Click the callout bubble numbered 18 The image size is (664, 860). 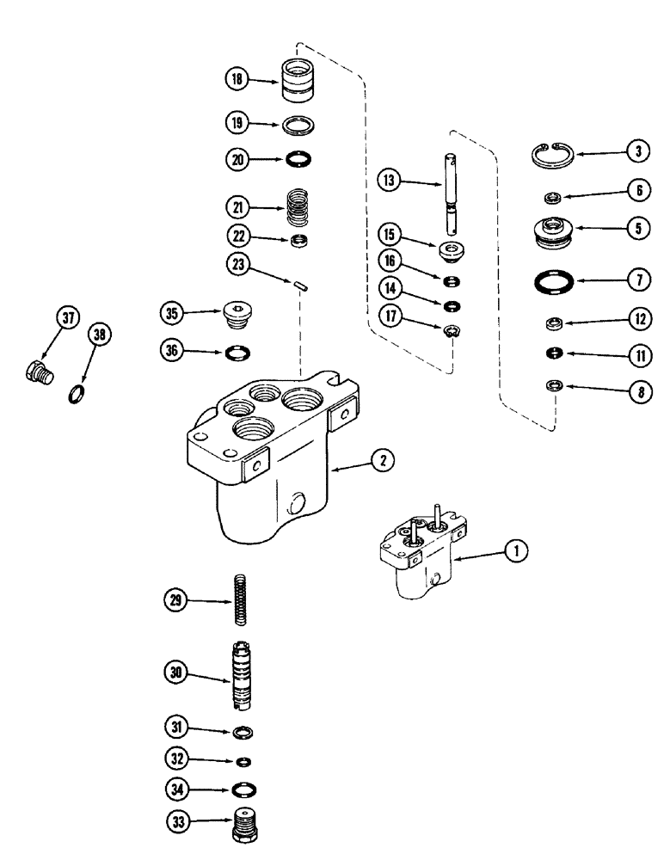tap(237, 80)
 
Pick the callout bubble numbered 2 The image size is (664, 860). tap(383, 460)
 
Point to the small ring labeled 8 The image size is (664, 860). tap(554, 385)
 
